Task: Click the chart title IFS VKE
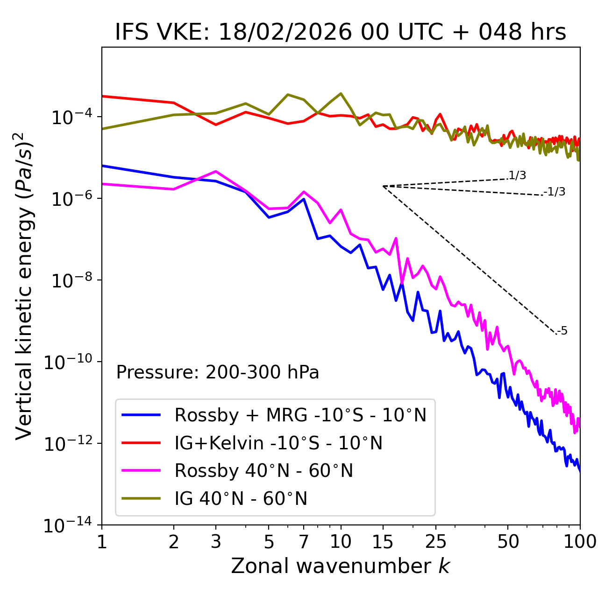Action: pos(340,32)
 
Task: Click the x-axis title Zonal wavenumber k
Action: pos(340,566)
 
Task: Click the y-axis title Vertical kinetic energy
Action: pos(24,286)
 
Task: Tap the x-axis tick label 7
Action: pos(304,542)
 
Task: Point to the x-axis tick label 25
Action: pos(435,542)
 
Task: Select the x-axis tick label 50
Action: pos(508,542)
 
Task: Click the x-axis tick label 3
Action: pos(216,542)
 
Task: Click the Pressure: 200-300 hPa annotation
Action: pos(217,372)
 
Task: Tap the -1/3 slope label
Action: pos(555,192)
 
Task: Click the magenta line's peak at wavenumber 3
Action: pos(216,171)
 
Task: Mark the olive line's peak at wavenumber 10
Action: pos(341,93)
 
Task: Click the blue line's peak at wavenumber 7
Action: pos(304,199)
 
